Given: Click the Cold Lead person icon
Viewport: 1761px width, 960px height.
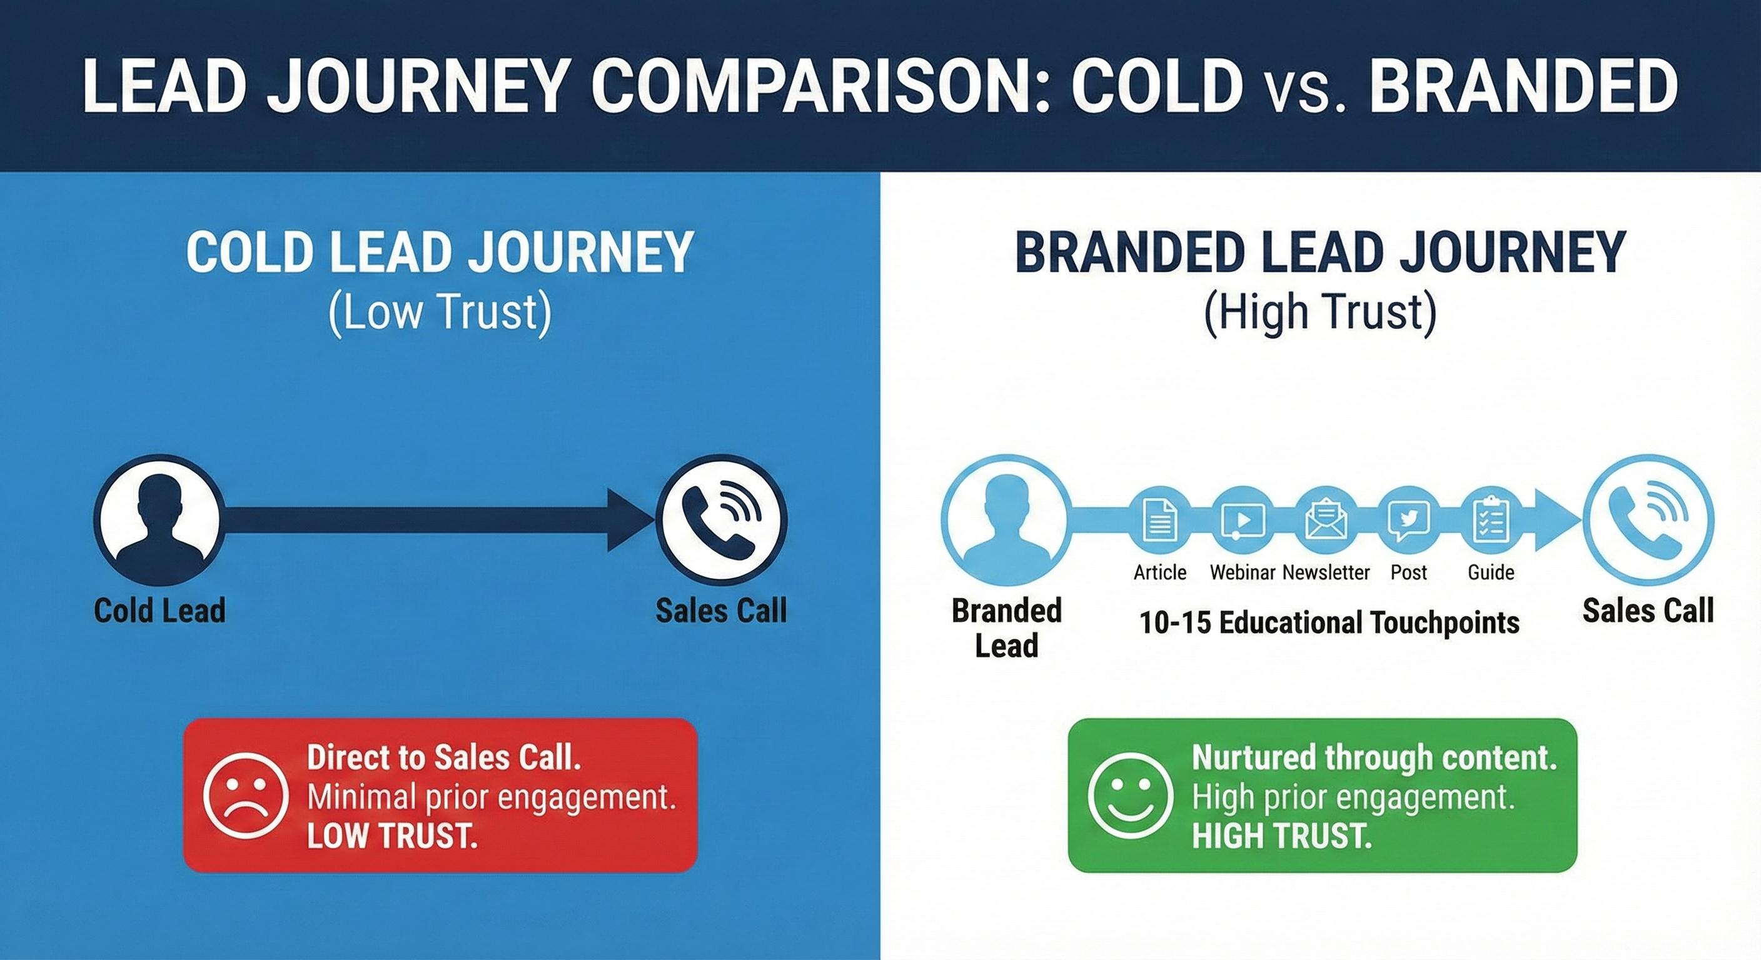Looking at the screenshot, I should [x=159, y=520].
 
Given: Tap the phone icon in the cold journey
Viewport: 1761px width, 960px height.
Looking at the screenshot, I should [x=721, y=520].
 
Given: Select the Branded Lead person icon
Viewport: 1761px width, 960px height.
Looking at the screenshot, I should [x=1006, y=520].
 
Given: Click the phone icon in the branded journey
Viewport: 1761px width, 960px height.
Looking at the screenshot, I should [x=1648, y=520].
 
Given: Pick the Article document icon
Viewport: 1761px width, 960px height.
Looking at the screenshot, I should [x=1159, y=520].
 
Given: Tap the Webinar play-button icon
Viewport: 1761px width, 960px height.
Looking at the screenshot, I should [x=1243, y=520].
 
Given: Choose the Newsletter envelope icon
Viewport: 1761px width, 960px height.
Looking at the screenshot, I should [x=1326, y=520].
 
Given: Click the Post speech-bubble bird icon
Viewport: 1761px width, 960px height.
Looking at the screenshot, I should [x=1408, y=520].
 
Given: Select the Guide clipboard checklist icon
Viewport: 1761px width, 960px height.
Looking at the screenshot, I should [x=1491, y=520].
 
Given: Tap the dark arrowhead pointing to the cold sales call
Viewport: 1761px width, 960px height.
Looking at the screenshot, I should [x=628, y=520].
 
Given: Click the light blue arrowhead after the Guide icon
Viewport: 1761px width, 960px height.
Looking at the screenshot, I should [x=1555, y=520].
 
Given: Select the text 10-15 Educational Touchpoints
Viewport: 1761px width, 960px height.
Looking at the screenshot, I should [x=1329, y=622].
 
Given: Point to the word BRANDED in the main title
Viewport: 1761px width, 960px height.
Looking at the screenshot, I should [x=1524, y=87].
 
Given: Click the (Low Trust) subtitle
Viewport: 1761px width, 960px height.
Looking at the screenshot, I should [x=440, y=313].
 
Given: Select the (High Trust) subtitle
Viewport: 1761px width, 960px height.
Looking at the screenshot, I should [x=1320, y=313].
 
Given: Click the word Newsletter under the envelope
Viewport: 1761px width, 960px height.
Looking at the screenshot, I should [x=1326, y=572].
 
